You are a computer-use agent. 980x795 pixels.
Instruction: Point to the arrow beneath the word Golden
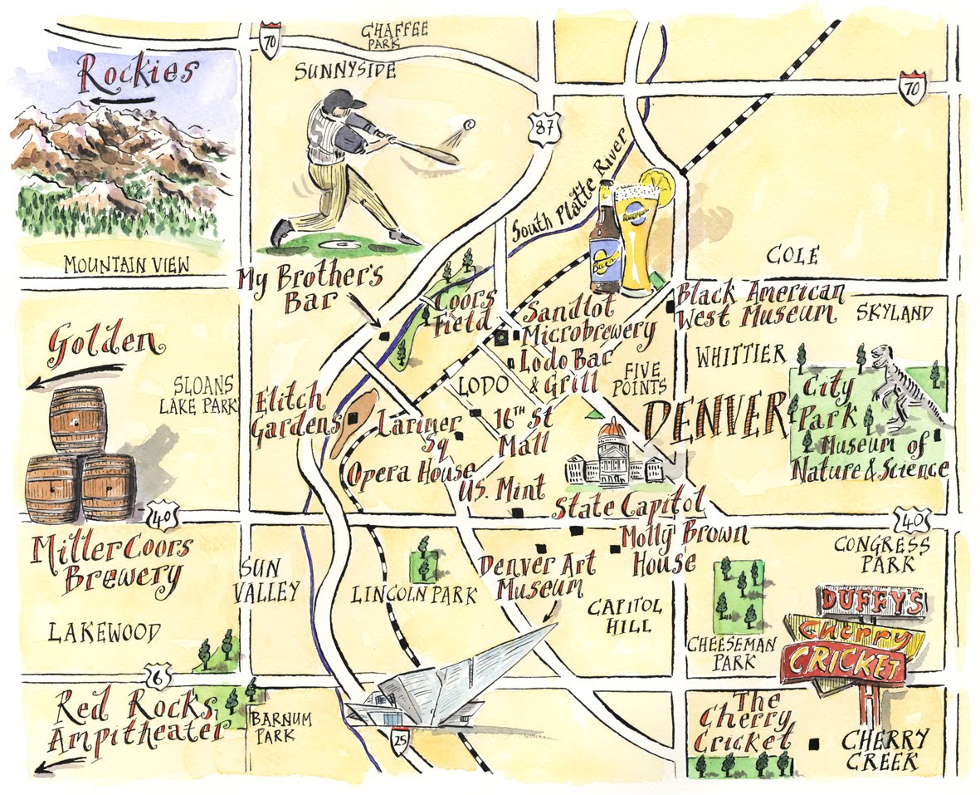coord(76,375)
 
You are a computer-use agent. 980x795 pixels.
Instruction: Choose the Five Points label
coord(646,379)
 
